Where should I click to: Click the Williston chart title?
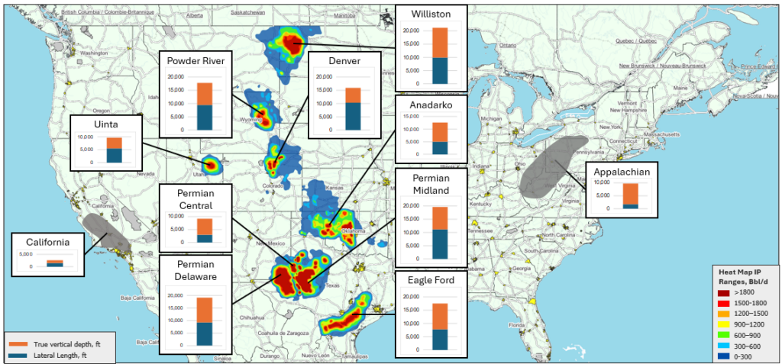pos(430,14)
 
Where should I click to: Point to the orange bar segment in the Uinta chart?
pos(114,143)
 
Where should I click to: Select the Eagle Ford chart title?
pos(430,281)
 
